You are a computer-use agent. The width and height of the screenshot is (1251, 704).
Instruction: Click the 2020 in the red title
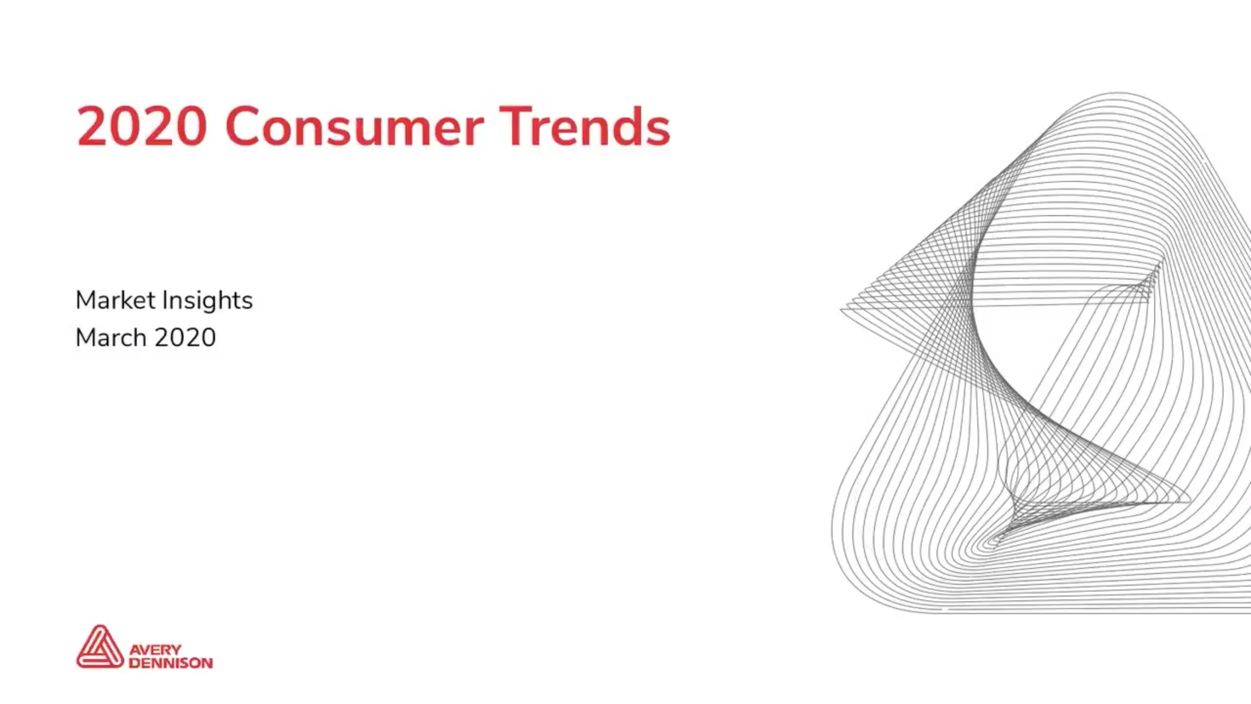[141, 126]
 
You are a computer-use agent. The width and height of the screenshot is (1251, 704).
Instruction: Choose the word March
[111, 337]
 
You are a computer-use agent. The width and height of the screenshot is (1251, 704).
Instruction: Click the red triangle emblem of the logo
[100, 646]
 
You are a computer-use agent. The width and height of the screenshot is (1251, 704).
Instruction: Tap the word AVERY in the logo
[155, 650]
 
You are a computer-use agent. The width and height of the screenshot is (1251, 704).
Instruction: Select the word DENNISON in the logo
[171, 663]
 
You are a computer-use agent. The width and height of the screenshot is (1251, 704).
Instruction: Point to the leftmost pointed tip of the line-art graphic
[841, 309]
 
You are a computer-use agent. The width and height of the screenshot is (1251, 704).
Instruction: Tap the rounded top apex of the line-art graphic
[1119, 92]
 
